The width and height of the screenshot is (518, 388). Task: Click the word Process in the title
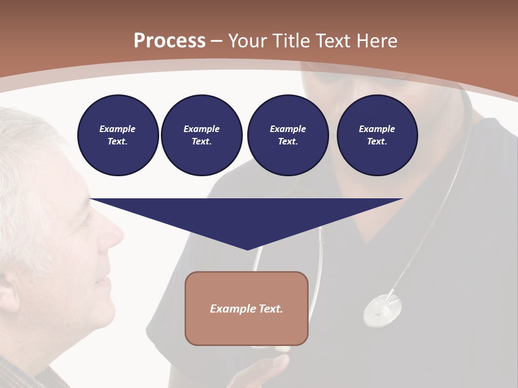point(169,41)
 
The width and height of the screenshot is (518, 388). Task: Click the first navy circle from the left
point(118,135)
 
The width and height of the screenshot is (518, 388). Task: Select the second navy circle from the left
point(201,135)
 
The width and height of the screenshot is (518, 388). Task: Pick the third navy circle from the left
point(288,135)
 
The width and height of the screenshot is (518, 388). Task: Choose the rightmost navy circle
point(377,135)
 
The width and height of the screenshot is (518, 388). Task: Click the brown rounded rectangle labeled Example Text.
point(247,308)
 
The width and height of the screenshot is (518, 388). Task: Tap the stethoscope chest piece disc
point(383,310)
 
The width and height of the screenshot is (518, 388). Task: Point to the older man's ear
point(11,302)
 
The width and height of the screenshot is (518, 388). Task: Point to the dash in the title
point(216,41)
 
